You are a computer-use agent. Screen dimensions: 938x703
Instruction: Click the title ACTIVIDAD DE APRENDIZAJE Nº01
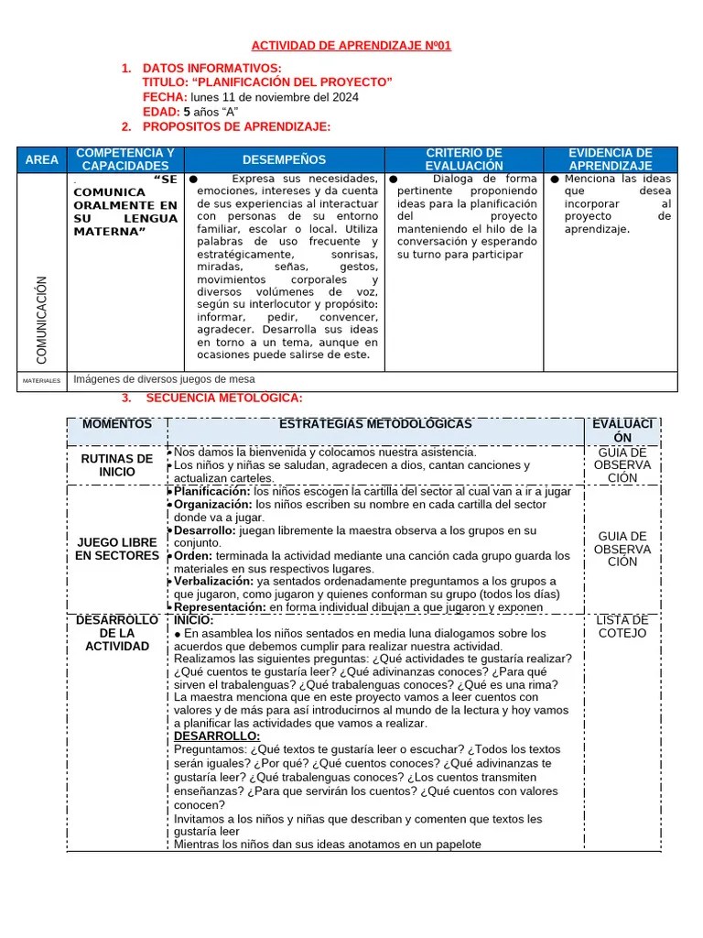(351, 46)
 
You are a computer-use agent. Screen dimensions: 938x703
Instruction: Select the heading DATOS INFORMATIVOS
(212, 69)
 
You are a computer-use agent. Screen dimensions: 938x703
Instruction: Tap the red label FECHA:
(165, 97)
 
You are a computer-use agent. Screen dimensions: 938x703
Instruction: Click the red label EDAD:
(161, 112)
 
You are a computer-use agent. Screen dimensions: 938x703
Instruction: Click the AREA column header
(42, 159)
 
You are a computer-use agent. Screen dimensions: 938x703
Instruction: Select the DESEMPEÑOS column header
(284, 159)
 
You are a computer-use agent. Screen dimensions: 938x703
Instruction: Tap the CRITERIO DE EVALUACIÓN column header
(464, 159)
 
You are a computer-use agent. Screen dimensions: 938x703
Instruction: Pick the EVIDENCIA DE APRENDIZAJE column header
(610, 159)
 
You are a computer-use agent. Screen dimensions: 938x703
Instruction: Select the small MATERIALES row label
(42, 380)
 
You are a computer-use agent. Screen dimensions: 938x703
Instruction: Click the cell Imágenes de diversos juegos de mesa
(165, 379)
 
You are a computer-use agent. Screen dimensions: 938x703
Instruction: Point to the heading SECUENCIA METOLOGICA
(223, 398)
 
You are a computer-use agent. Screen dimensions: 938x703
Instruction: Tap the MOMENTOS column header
(117, 425)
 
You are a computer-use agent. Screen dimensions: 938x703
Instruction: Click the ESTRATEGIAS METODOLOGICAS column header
(375, 425)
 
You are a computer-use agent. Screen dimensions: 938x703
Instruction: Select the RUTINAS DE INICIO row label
(117, 465)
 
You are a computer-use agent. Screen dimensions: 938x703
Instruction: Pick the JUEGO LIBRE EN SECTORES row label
(117, 549)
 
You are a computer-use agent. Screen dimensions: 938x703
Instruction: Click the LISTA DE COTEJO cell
(622, 627)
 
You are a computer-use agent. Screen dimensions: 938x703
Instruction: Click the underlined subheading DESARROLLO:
(217, 736)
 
